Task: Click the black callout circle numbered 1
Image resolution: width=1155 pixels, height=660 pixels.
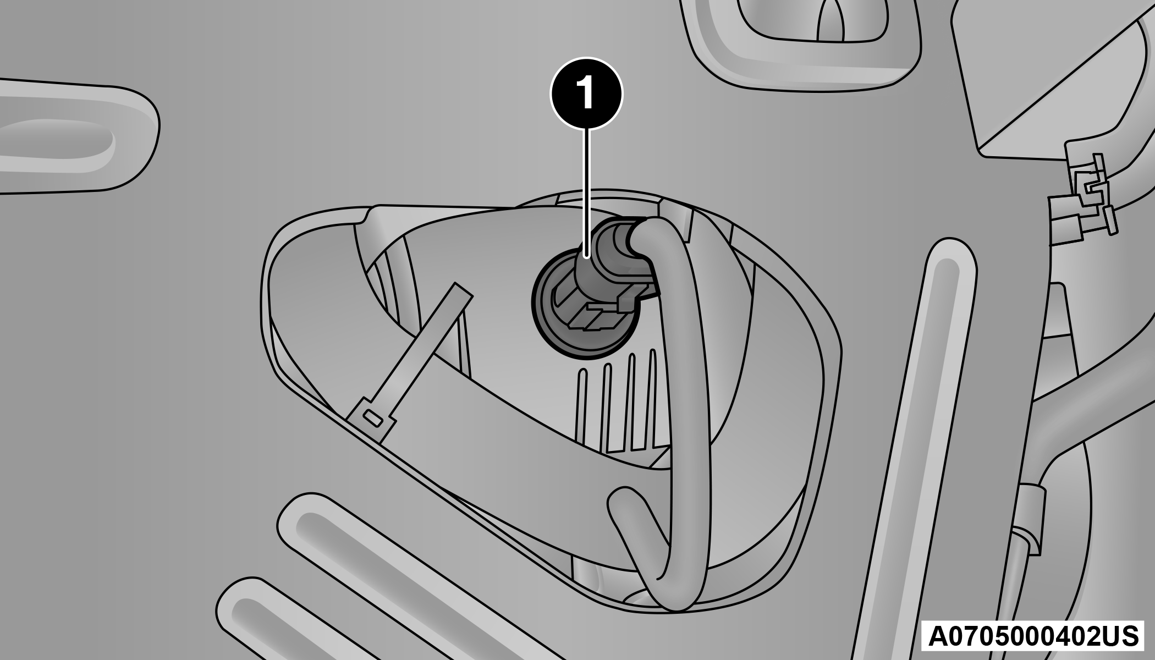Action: pyautogui.click(x=587, y=94)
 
